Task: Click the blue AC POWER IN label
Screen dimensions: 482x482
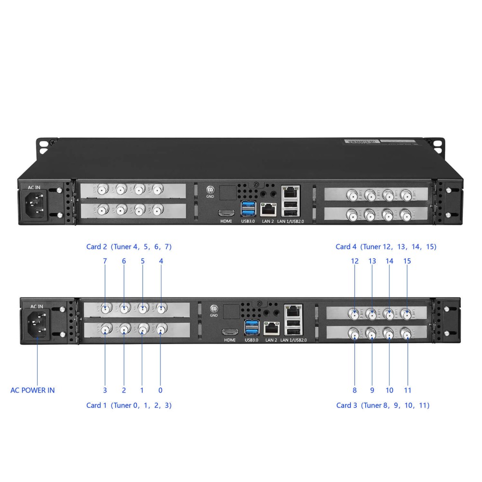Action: [33, 390]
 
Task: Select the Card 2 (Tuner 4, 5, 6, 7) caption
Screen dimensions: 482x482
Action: [129, 247]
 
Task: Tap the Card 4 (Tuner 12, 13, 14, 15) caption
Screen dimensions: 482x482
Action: [386, 247]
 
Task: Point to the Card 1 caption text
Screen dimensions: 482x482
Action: [129, 405]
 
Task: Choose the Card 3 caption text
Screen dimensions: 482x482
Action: [383, 405]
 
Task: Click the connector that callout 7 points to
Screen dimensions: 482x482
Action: [105, 308]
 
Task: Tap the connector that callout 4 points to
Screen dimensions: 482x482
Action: [161, 308]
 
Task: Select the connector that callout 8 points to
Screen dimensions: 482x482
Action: [355, 334]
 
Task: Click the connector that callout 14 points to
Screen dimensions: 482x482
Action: [389, 315]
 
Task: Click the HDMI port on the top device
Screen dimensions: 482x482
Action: [226, 213]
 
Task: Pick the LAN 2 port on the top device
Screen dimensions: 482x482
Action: [268, 209]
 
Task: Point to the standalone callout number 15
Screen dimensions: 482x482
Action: [407, 261]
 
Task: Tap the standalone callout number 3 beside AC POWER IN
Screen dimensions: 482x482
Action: [105, 390]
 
